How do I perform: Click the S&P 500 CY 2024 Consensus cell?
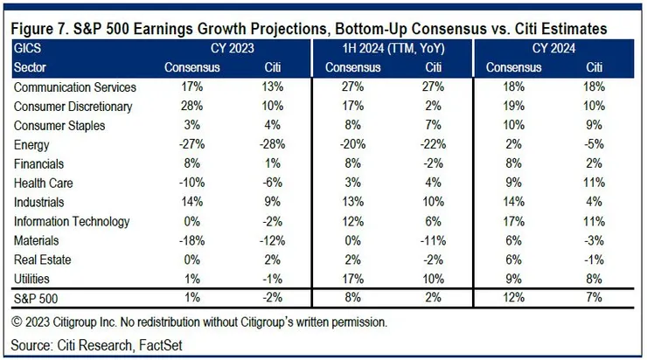pos(507,296)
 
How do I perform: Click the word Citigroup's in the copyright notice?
pos(281,322)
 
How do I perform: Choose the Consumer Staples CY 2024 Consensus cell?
pos(507,125)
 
